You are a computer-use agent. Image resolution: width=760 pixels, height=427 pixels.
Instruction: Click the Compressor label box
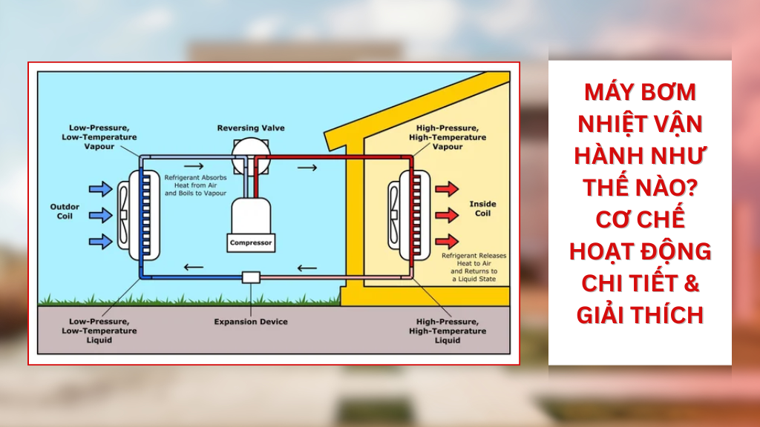[251, 243]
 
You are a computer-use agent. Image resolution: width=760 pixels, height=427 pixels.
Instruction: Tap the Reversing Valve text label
[251, 128]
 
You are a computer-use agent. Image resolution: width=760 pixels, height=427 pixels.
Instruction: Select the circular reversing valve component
[251, 156]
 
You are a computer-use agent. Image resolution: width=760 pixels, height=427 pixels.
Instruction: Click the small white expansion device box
[251, 277]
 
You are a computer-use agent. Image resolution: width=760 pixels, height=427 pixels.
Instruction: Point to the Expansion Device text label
[251, 322]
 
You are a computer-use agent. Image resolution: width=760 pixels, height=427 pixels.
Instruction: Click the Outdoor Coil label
[65, 211]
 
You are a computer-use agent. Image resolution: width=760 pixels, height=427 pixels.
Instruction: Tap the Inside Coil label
[482, 208]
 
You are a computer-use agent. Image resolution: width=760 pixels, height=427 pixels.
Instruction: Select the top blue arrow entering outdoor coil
[101, 189]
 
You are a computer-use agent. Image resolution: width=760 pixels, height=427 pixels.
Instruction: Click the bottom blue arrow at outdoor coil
[101, 241]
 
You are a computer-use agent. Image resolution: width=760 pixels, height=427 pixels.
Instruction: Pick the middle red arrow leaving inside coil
[447, 215]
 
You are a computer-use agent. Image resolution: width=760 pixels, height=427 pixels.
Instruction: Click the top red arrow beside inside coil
[447, 189]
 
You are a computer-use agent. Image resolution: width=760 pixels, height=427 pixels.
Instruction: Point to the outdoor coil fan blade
[124, 215]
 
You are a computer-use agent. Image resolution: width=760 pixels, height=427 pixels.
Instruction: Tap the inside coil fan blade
[394, 215]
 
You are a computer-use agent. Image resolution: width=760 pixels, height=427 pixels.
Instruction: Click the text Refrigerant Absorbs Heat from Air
[195, 182]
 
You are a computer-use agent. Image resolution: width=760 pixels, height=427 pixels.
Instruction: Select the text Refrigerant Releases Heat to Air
[474, 259]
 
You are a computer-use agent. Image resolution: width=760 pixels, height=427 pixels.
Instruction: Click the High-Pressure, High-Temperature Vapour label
[447, 137]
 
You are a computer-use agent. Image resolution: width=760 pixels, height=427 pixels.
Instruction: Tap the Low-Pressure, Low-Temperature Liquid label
[99, 331]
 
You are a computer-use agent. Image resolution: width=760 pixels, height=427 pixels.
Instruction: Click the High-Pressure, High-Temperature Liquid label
[447, 331]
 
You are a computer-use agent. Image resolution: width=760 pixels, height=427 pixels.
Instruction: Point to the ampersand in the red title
[691, 284]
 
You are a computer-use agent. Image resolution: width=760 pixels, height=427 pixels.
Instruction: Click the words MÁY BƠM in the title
[640, 92]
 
